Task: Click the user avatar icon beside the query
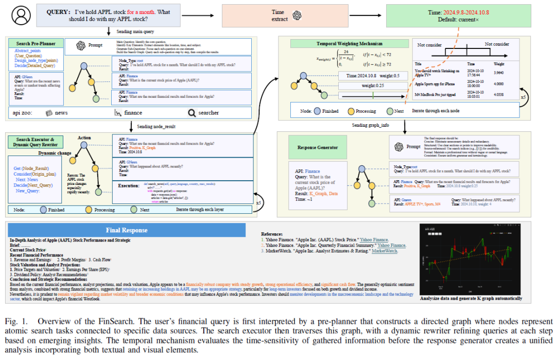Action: pos(20,14)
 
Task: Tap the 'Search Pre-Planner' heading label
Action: pos(32,44)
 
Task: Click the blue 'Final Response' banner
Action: pos(127,230)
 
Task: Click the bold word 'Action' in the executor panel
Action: pos(84,138)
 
